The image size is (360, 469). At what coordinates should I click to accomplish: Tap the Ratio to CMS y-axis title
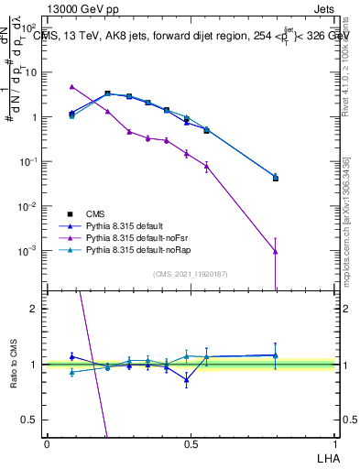[x=12, y=365]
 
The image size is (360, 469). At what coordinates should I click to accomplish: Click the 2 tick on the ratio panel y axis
[x=35, y=309]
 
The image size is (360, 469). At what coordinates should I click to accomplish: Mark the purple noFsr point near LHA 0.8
[x=276, y=251]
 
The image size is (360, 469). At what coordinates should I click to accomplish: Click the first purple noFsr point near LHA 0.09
[x=72, y=86]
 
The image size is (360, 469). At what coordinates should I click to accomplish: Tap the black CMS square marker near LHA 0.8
[x=276, y=179]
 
